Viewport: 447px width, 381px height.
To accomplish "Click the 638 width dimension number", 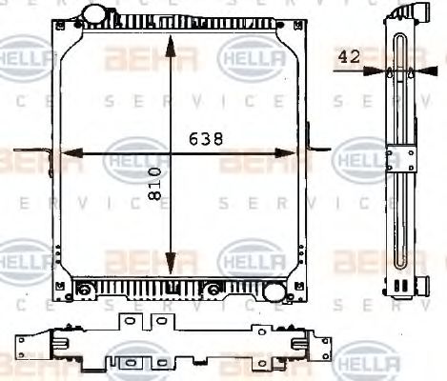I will pyautogui.click(x=205, y=139).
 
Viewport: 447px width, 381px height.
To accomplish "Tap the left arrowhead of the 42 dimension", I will pyautogui.click(x=384, y=70).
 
